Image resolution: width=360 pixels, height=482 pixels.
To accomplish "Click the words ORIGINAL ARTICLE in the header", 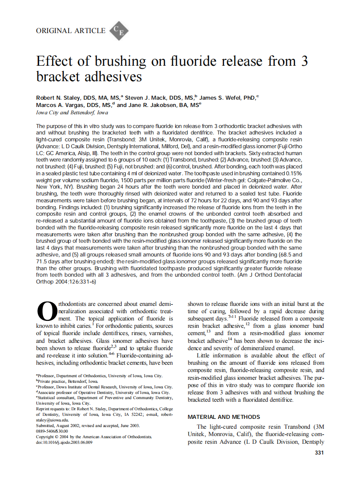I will [71, 31].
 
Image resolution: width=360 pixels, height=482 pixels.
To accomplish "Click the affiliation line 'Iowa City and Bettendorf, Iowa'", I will [72, 113].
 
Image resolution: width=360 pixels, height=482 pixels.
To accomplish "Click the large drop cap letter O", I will [46, 311].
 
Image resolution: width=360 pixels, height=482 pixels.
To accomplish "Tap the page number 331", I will [319, 453].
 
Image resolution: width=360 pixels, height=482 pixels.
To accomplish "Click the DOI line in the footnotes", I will [64, 442].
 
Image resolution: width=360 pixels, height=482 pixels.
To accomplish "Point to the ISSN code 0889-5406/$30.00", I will [52, 431].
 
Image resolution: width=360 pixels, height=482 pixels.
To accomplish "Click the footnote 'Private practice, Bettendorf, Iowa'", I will [67, 381].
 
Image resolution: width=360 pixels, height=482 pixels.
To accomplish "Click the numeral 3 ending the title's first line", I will [304, 61].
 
